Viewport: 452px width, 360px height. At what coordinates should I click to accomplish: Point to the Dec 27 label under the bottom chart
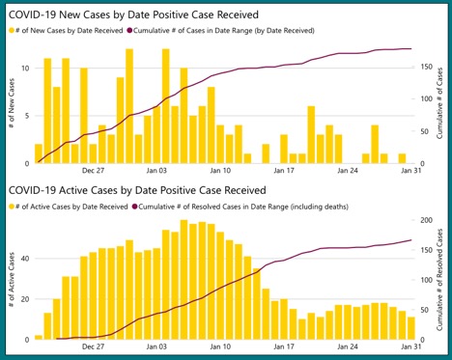[94, 346]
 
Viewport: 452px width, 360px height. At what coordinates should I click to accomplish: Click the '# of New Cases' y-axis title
[10, 106]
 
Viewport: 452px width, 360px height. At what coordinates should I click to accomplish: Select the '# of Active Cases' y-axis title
[10, 280]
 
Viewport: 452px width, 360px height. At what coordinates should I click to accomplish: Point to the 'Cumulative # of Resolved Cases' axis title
[443, 280]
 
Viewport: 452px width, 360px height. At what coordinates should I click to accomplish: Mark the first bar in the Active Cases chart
[39, 337]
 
